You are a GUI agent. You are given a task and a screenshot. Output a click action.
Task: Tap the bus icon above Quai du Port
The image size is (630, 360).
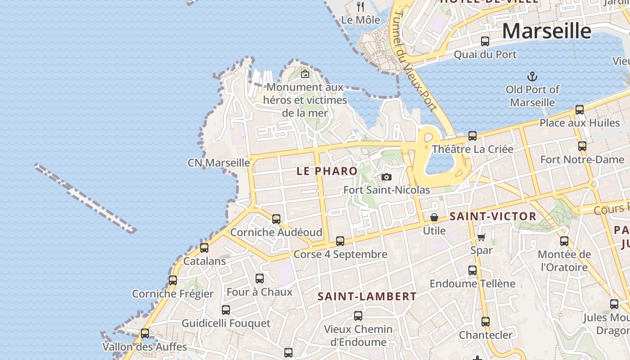[x=485, y=41]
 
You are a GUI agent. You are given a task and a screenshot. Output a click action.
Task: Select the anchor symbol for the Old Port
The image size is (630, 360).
[x=532, y=76]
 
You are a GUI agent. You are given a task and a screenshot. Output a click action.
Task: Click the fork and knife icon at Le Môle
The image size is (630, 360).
[x=360, y=6]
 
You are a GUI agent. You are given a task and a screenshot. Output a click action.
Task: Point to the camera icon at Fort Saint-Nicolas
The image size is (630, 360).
[x=386, y=177]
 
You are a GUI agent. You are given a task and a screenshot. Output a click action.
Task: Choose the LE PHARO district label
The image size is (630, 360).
[x=327, y=171]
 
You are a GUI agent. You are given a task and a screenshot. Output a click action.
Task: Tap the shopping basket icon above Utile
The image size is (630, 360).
[x=434, y=218]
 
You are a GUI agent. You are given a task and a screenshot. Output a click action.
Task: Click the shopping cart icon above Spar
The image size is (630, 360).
[x=481, y=237]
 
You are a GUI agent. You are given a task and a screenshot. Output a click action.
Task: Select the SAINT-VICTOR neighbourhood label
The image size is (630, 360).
[x=493, y=216]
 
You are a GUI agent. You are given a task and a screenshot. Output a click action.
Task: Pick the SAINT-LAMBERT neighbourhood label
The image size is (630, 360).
[x=367, y=297]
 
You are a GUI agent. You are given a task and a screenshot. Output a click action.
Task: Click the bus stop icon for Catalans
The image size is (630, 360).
[x=204, y=248]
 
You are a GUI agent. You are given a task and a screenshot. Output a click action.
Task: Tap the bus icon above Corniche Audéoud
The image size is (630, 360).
[x=276, y=219]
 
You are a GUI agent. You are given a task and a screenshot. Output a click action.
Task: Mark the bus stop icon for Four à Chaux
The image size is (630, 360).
[x=260, y=279]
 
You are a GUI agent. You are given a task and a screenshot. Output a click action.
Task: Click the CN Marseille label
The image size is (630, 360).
[x=219, y=162]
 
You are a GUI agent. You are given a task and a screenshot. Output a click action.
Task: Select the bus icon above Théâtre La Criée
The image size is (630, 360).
[x=472, y=136]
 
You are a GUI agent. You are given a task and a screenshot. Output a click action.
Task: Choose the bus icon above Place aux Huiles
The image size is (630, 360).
[x=580, y=110]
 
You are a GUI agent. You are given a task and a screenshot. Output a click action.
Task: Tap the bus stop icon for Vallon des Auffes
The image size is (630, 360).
[x=145, y=333]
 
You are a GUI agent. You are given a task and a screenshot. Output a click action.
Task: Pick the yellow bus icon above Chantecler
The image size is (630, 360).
[x=485, y=322]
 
